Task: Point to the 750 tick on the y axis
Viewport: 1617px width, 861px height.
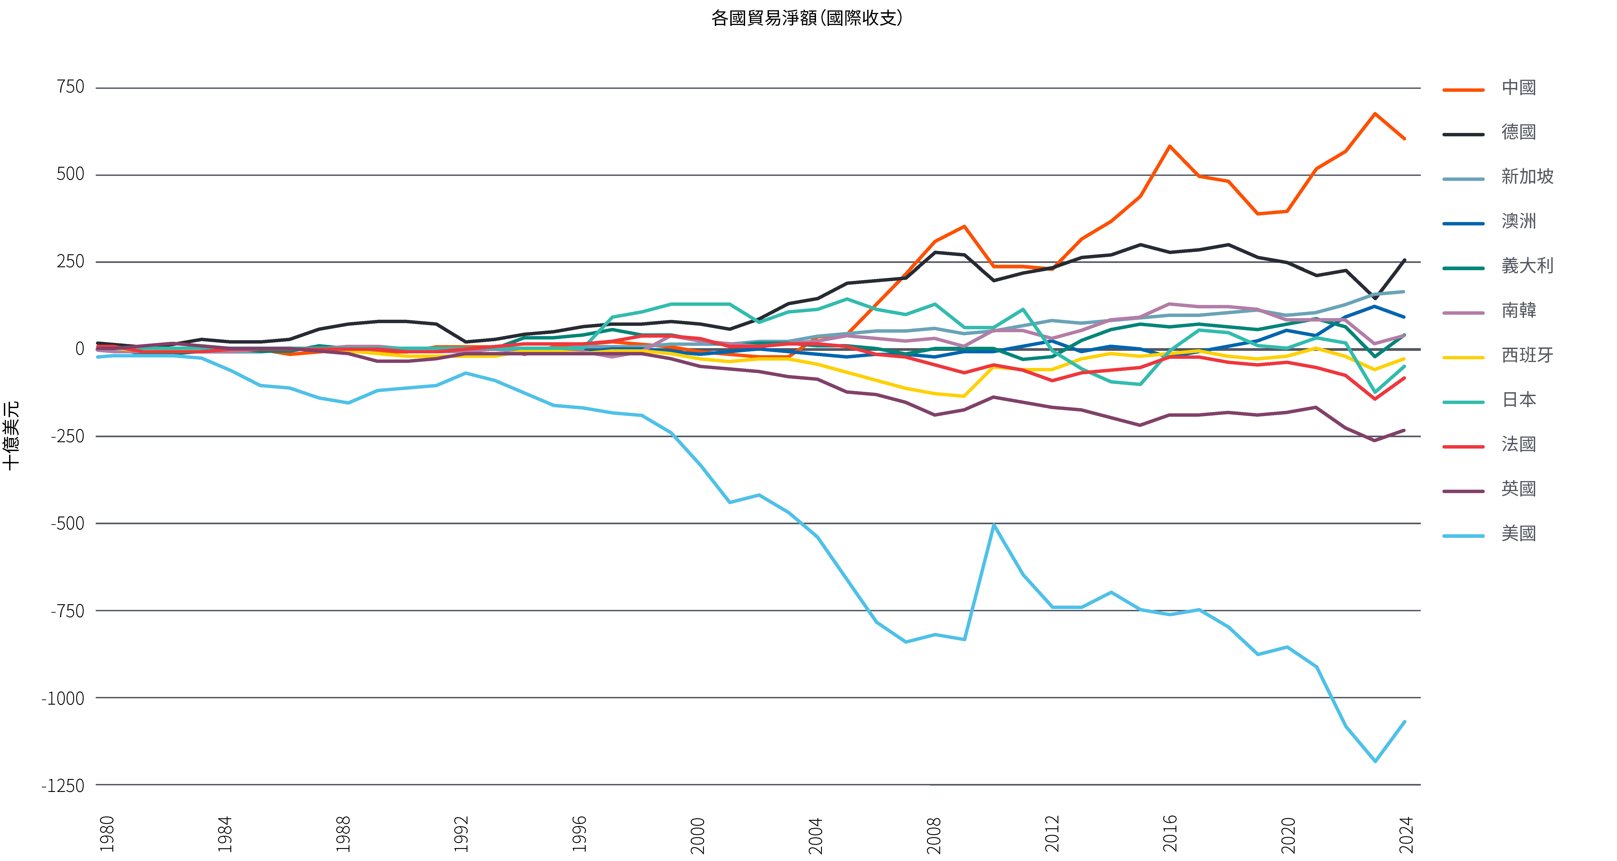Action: click(70, 87)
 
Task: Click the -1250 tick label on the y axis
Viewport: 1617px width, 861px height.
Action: click(63, 786)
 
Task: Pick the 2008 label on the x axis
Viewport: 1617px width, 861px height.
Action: click(934, 835)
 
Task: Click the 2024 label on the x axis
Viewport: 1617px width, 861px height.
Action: click(1406, 835)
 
